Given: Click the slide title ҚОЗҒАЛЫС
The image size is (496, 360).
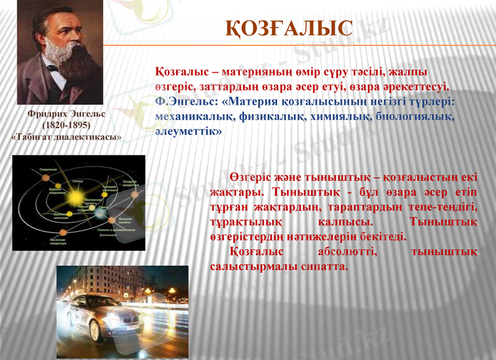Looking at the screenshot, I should pos(289,28).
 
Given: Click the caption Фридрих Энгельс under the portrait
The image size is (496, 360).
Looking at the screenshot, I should pos(67,115).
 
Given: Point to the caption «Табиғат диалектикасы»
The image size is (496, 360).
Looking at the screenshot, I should pos(67,136).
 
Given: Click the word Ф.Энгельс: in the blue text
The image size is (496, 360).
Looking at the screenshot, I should pos(184,101).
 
